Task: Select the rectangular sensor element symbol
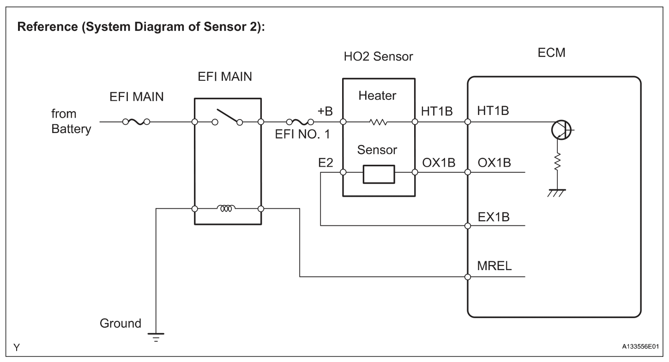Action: pos(379,173)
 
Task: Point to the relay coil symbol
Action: pos(228,209)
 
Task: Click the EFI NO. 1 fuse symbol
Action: pos(300,122)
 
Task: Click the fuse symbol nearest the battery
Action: pos(136,122)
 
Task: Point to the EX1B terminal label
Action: pos(494,216)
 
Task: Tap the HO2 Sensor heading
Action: pos(378,58)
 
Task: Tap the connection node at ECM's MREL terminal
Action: pos(468,277)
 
